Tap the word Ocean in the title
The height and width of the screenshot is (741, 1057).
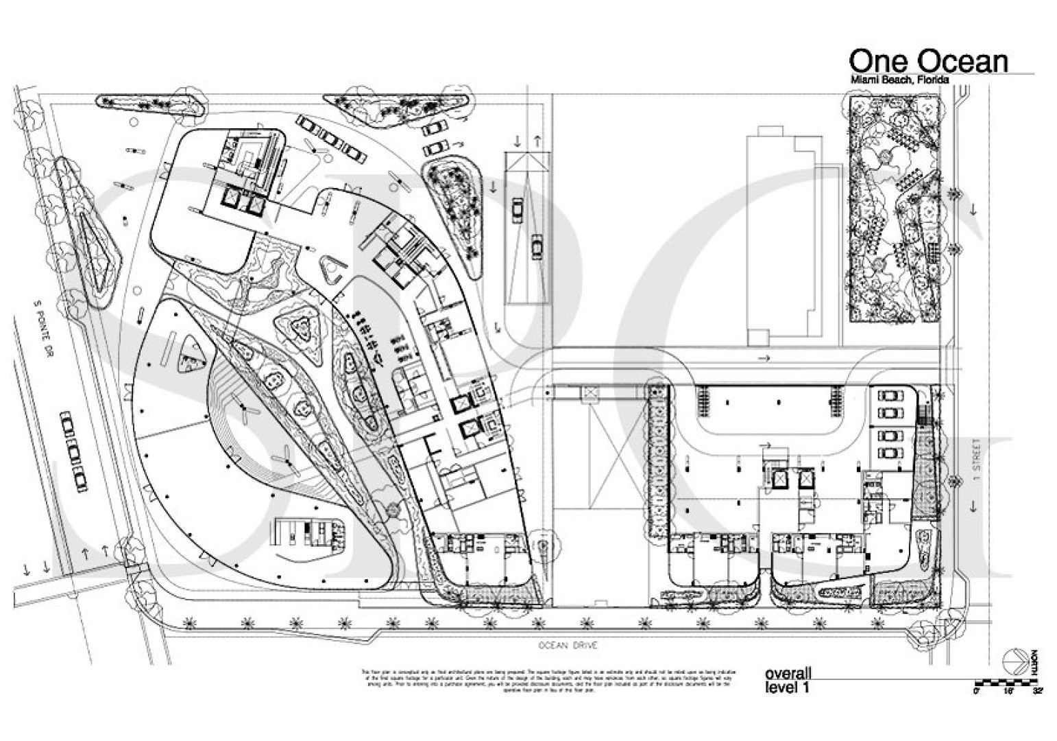click(963, 61)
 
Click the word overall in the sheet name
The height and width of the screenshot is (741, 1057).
click(788, 674)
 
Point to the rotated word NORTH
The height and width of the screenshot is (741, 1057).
click(1033, 661)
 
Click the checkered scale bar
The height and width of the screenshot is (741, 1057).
click(1008, 682)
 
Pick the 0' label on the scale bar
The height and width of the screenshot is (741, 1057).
click(977, 692)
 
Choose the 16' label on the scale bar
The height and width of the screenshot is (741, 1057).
click(1008, 692)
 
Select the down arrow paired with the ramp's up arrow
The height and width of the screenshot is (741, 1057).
click(517, 140)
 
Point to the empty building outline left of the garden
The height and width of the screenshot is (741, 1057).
click(785, 233)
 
